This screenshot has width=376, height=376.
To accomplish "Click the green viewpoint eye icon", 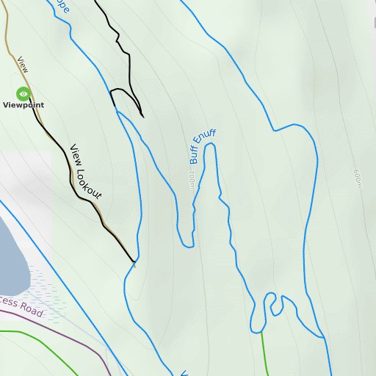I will click(x=23, y=93).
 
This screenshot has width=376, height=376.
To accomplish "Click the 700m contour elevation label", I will click(x=191, y=181).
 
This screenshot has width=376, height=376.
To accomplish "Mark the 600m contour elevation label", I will click(x=358, y=177).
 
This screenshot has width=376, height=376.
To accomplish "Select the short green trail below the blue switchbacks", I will click(x=263, y=352).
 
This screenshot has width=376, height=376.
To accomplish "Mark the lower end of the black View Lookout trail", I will click(x=134, y=261).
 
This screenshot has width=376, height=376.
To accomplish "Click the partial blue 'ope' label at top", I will click(x=63, y=7).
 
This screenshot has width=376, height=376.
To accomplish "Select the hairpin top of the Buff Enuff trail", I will click(x=211, y=146).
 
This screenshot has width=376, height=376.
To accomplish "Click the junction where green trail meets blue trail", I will click(x=261, y=332).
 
